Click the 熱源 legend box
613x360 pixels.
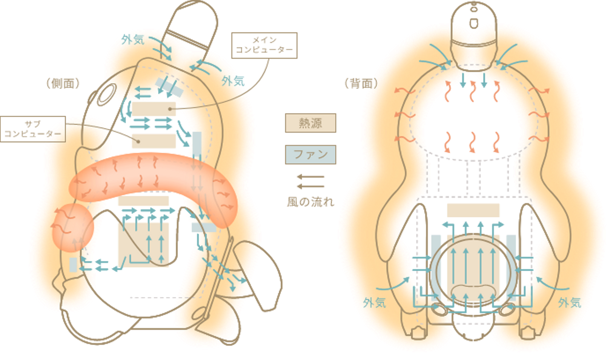click(x=310, y=123)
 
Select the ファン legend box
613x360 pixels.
click(x=310, y=154)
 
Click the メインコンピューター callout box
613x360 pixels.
click(x=264, y=46)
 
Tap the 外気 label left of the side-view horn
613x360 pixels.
click(x=132, y=40)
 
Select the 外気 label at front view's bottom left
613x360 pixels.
click(x=375, y=303)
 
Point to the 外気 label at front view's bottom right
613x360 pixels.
click(x=570, y=303)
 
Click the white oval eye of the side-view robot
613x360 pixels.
click(x=105, y=94)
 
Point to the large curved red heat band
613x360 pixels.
click(x=153, y=179)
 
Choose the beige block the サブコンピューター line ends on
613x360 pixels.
click(x=153, y=141)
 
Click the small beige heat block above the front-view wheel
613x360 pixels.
click(x=473, y=209)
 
